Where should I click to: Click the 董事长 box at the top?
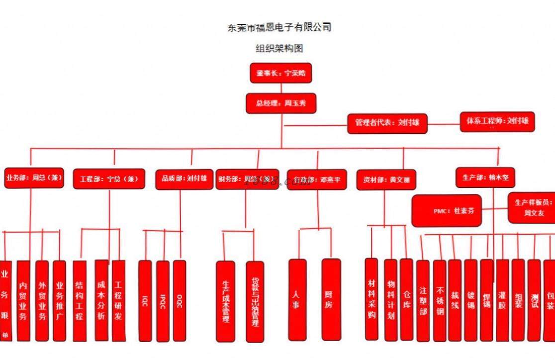pyautogui.click(x=281, y=73)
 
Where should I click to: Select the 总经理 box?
pyautogui.click(x=281, y=103)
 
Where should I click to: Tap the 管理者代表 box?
pyautogui.click(x=387, y=123)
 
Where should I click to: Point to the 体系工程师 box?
pyautogui.click(x=497, y=121)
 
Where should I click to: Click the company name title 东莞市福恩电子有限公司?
pyautogui.click(x=279, y=27)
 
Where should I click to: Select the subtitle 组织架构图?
pyautogui.click(x=279, y=49)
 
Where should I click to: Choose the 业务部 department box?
pyautogui.click(x=34, y=178)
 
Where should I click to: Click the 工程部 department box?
pyautogui.click(x=109, y=179)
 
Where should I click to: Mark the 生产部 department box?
pyautogui.click(x=485, y=177)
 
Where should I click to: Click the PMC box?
pyautogui.click(x=446, y=210)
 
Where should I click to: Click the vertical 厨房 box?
pyautogui.click(x=331, y=299)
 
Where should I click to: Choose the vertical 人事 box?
pyautogui.click(x=297, y=299)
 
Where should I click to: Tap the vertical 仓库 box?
pyautogui.click(x=406, y=299)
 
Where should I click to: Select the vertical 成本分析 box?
pyautogui.click(x=101, y=300)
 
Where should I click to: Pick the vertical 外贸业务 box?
pyautogui.click(x=42, y=300)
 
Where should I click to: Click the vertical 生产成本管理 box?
pyautogui.click(x=225, y=301)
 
